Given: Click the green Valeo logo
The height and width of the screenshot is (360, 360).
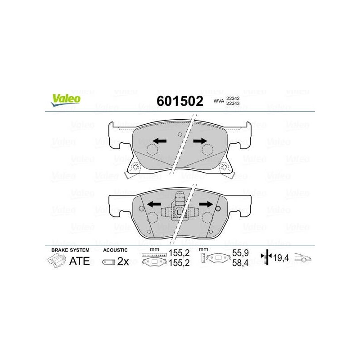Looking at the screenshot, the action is click(66, 100).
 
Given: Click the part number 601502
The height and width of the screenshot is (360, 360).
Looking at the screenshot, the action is click(180, 101).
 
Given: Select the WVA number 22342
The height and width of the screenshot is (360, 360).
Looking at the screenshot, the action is click(233, 98).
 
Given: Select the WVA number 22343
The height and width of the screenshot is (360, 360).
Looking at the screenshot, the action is click(233, 103).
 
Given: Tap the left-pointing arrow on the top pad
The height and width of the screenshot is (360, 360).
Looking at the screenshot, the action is click(160, 141).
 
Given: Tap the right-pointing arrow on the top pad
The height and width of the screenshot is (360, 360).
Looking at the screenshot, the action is click(200, 141).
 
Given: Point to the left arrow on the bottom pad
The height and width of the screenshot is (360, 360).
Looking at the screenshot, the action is click(153, 204).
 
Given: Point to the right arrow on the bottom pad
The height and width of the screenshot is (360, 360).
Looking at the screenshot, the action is click(206, 204).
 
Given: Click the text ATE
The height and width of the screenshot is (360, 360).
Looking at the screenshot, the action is click(80, 261).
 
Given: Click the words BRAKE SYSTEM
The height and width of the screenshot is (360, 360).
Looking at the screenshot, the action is click(70, 250).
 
